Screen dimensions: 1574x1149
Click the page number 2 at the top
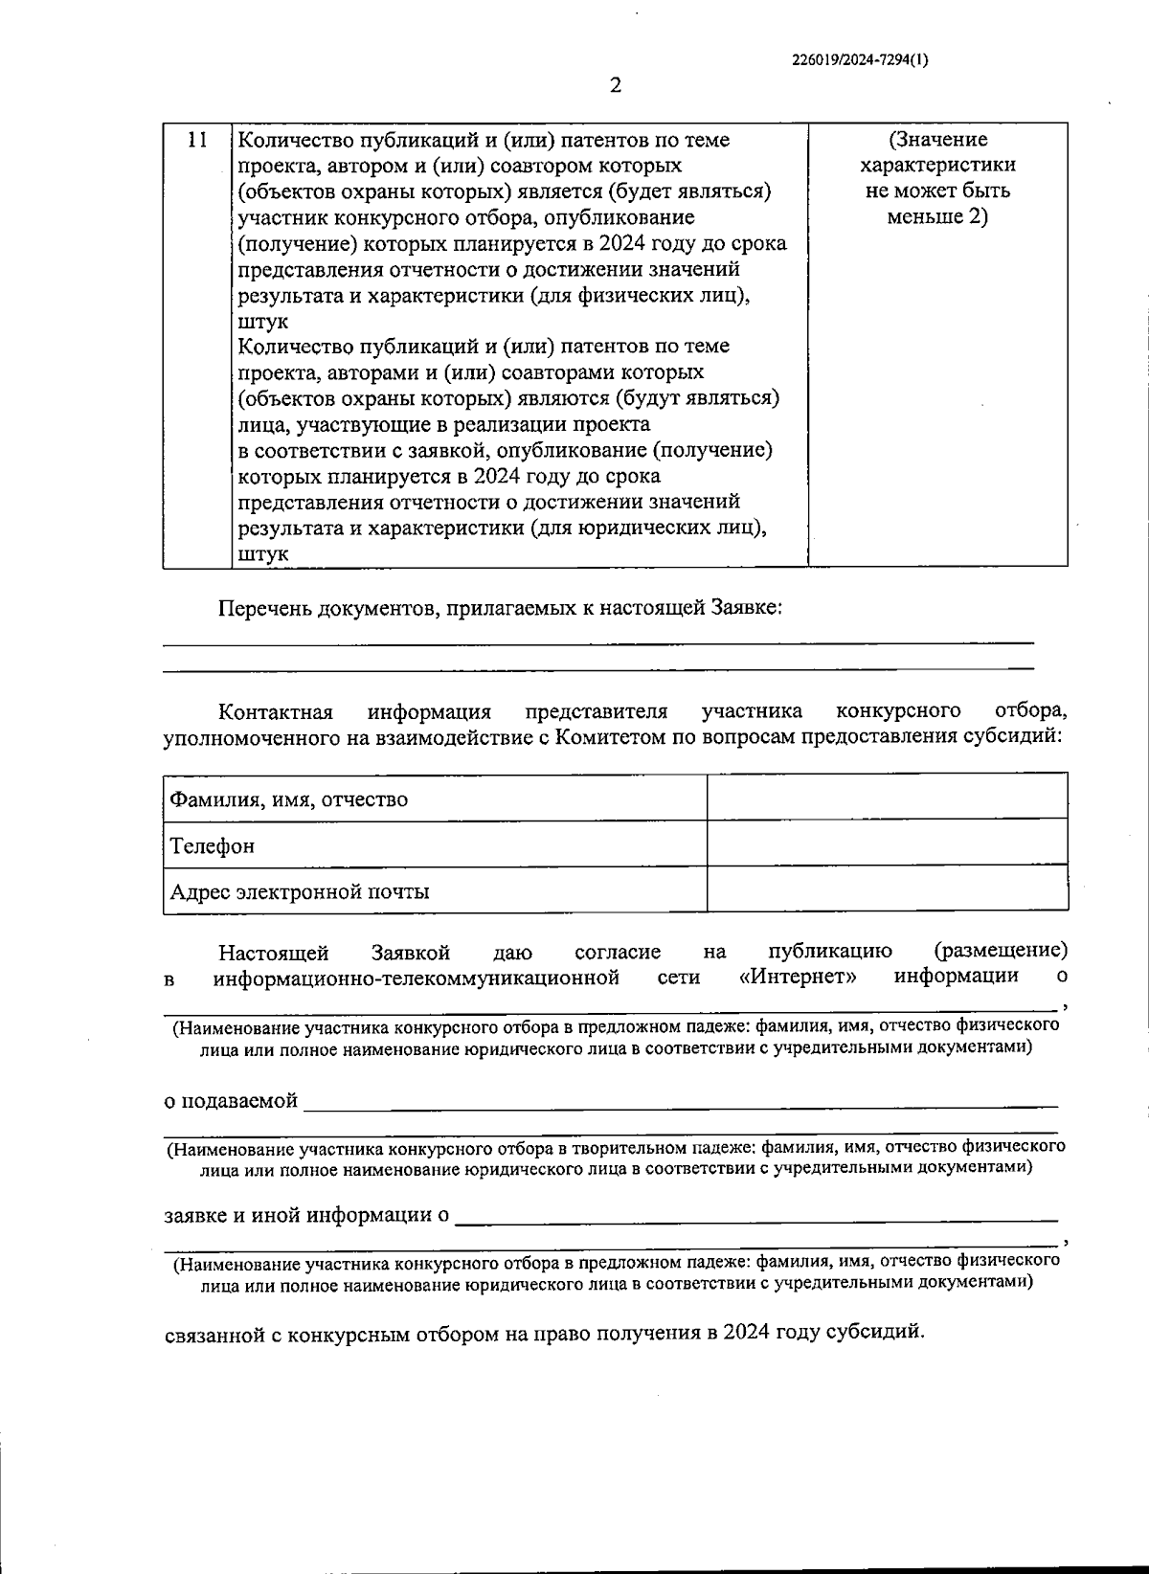click(616, 86)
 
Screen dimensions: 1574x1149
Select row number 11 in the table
click(196, 141)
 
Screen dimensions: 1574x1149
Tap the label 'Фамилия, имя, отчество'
click(288, 798)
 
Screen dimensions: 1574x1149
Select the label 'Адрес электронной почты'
click(299, 891)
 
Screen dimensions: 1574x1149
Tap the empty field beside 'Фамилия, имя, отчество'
click(887, 797)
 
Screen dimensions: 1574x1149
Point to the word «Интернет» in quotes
click(798, 977)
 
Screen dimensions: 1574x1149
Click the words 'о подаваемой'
click(231, 1100)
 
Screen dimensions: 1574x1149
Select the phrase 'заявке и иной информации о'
click(306, 1216)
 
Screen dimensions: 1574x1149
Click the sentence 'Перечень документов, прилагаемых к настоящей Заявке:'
click(501, 607)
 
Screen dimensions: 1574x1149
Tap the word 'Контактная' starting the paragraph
click(276, 711)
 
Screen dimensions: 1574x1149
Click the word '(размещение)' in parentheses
click(1000, 951)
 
